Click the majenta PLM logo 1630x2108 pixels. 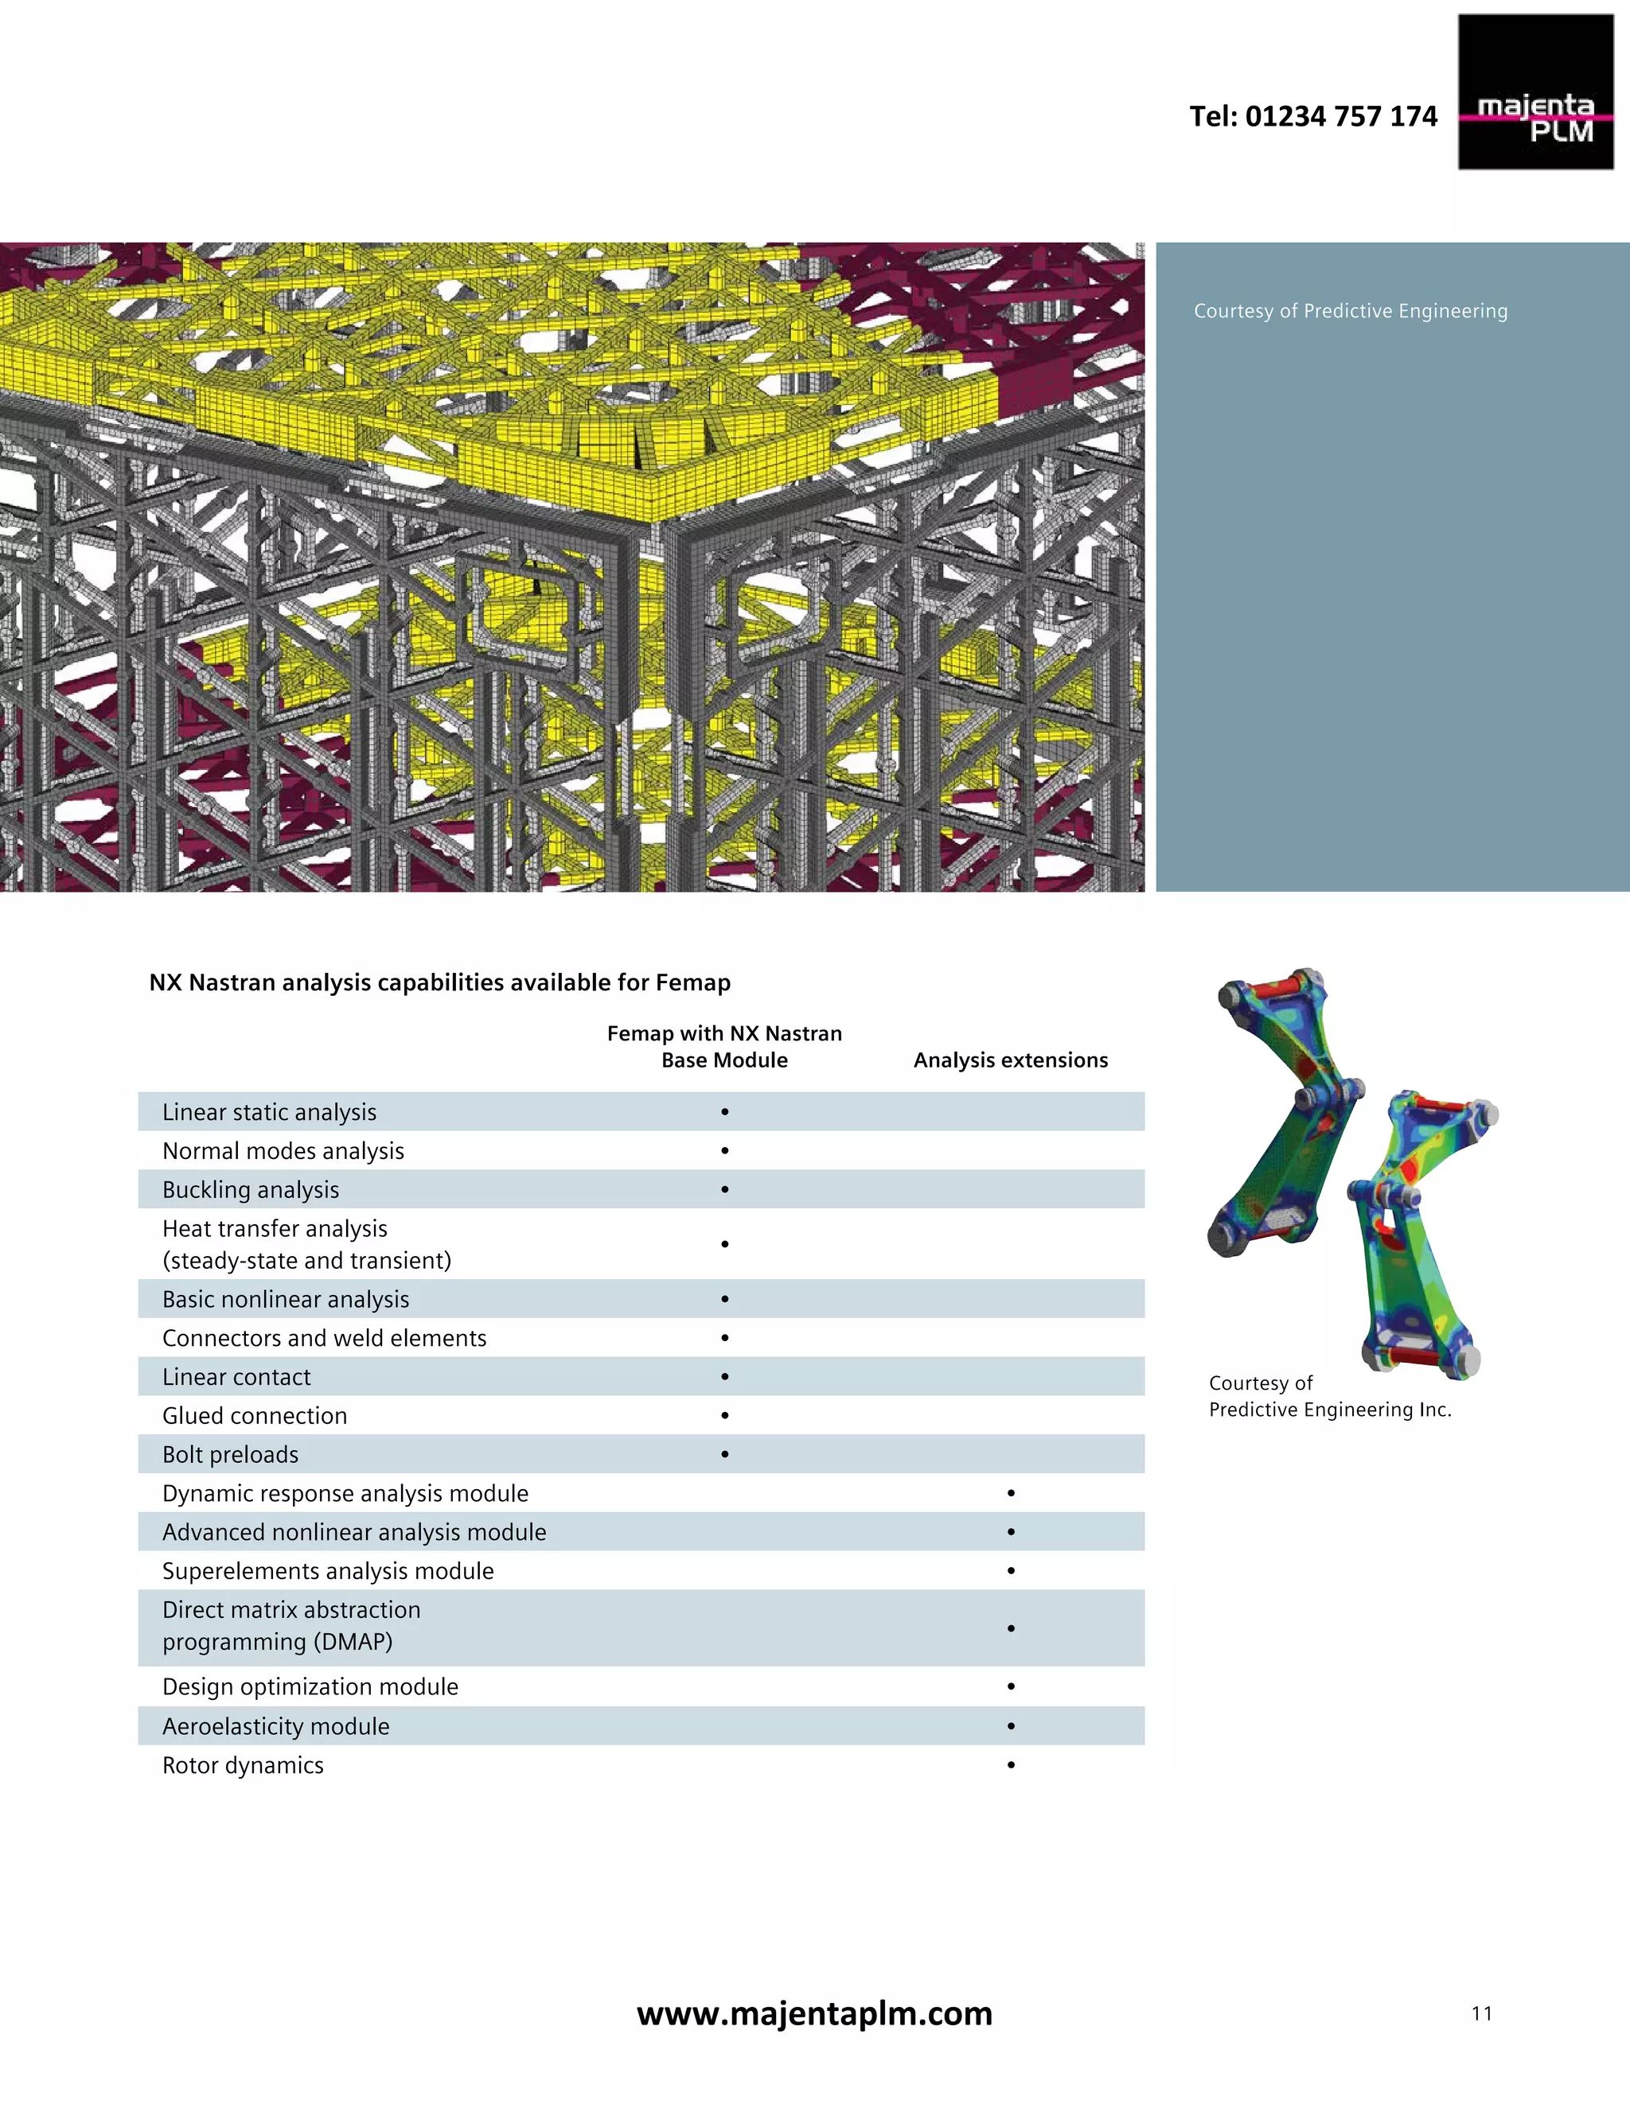[x=1534, y=92]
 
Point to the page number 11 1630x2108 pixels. [x=1481, y=2013]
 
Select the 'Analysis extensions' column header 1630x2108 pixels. [x=1010, y=1060]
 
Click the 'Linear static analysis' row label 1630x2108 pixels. [x=270, y=1112]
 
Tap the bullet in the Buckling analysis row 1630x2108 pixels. [x=724, y=1190]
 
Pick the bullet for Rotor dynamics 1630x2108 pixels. [x=1010, y=1764]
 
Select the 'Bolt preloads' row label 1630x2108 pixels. [x=230, y=1455]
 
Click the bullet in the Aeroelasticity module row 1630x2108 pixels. [x=1010, y=1726]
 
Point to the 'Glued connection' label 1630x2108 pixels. [x=254, y=1416]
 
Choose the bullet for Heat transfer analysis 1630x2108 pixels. [x=724, y=1244]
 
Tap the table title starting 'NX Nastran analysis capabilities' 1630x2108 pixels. [x=439, y=982]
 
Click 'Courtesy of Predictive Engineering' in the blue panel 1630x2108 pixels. [x=1350, y=311]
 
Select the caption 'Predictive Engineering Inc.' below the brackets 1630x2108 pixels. [x=1330, y=1410]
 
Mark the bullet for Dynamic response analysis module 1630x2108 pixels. [x=1010, y=1493]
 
